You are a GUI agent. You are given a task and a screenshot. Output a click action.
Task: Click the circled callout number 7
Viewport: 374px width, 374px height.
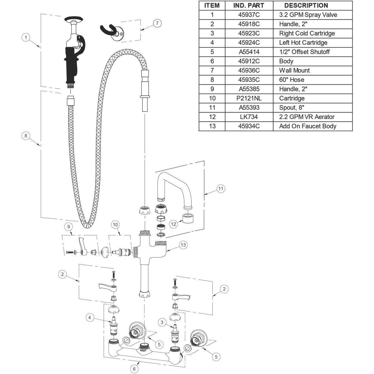157,23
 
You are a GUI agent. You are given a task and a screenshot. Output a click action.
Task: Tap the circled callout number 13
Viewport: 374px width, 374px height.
183,245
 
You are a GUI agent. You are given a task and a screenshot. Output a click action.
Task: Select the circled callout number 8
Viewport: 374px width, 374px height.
26,136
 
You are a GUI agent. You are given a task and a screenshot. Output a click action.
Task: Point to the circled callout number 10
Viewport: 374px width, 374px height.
115,225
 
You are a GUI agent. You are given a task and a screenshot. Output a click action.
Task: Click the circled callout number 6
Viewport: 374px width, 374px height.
134,369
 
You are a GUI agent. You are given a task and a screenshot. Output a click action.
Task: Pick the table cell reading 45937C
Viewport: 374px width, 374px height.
249,15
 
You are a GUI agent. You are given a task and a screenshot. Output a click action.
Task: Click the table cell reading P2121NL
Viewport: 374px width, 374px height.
249,98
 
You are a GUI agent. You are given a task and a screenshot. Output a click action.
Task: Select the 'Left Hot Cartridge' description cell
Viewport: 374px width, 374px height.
313,43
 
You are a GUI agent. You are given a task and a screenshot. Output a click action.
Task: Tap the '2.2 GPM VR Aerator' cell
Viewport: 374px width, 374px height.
313,117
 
